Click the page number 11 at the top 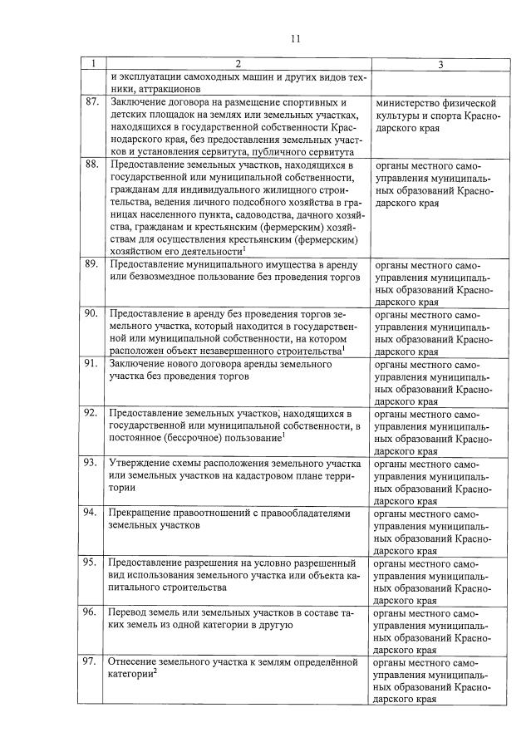click(296, 37)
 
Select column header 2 click(238, 64)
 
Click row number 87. click(92, 102)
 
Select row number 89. click(92, 264)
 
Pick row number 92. click(92, 414)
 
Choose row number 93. click(92, 464)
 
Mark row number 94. click(92, 514)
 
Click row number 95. click(92, 563)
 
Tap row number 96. click(92, 613)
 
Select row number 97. click(92, 663)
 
